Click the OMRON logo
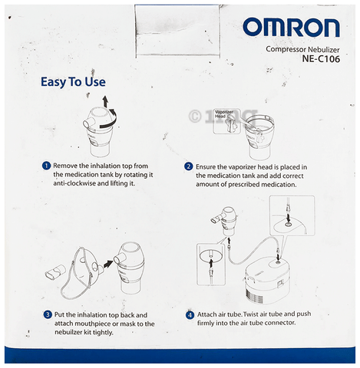pyautogui.click(x=291, y=28)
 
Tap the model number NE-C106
pyautogui.click(x=321, y=59)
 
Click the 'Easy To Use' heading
pyautogui.click(x=73, y=82)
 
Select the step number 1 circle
pyautogui.click(x=46, y=166)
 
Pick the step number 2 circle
pyautogui.click(x=189, y=166)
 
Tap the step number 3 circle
pyautogui.click(x=48, y=314)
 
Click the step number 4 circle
pyautogui.click(x=190, y=315)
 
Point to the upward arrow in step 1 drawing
pyautogui.click(x=105, y=101)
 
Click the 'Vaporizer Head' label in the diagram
pyautogui.click(x=223, y=114)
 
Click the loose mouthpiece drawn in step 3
pyautogui.click(x=55, y=272)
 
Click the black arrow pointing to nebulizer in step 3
pyautogui.click(x=108, y=264)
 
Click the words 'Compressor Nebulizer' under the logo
pyautogui.click(x=302, y=49)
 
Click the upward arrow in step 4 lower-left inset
pyautogui.click(x=211, y=264)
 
